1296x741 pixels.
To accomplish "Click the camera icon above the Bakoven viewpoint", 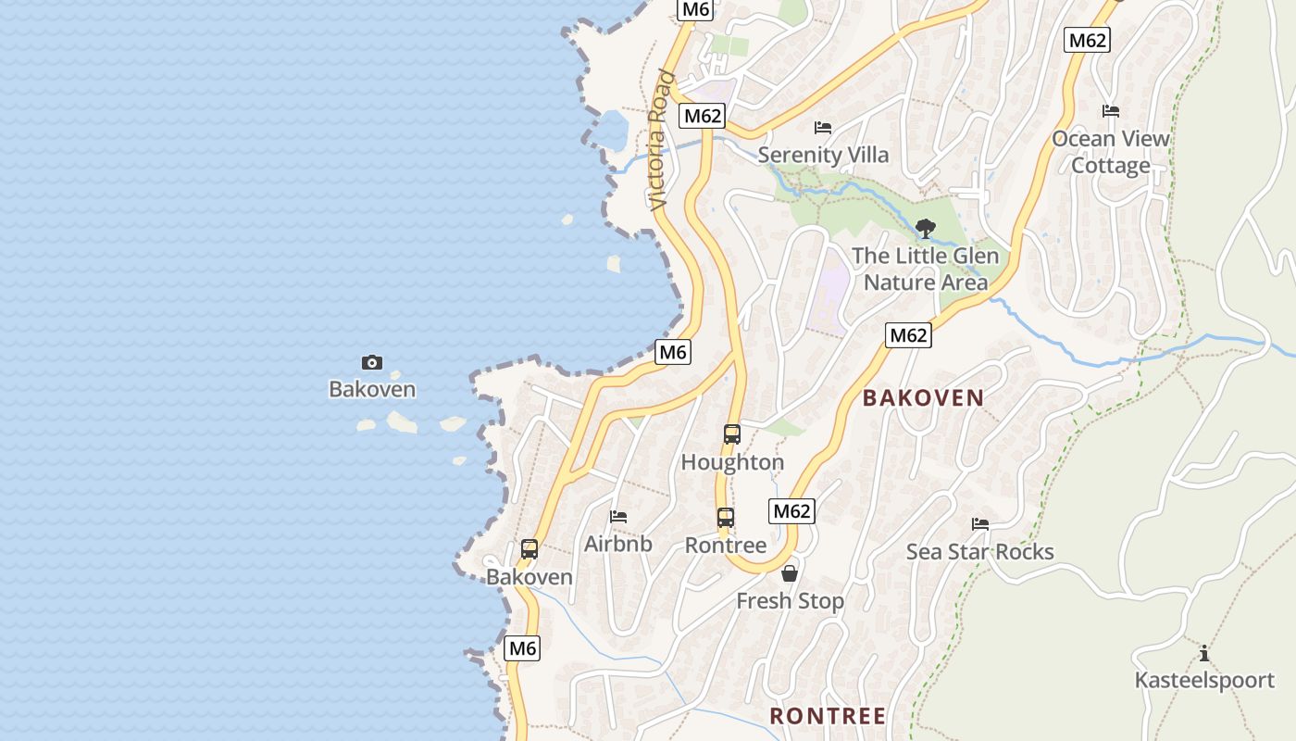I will click(372, 362).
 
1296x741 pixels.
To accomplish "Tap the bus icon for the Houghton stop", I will click(732, 433).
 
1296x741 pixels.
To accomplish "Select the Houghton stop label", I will click(732, 461).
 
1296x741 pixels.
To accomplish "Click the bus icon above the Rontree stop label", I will click(726, 518).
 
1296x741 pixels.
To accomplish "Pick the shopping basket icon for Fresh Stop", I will click(790, 573).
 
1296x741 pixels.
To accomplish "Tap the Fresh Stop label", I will click(790, 601).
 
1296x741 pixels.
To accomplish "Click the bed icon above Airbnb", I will click(618, 516).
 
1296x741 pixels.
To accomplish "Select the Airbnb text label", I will click(617, 544).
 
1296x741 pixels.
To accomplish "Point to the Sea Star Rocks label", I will click(979, 552).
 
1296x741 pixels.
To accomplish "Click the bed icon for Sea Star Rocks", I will click(980, 524).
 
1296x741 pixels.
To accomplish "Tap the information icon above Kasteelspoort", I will click(1204, 653).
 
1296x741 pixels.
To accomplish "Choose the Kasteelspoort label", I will click(1204, 681).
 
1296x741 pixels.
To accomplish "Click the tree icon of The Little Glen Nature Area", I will click(925, 228).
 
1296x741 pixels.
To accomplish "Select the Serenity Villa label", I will click(823, 155).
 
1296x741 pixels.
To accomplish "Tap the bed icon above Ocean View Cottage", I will click(1111, 111).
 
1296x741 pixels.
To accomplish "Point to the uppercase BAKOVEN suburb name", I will click(923, 398).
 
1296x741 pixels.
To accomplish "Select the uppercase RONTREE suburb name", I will click(828, 716).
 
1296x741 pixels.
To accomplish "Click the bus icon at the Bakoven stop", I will click(530, 548).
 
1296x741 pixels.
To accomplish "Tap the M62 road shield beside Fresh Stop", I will click(791, 510).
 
